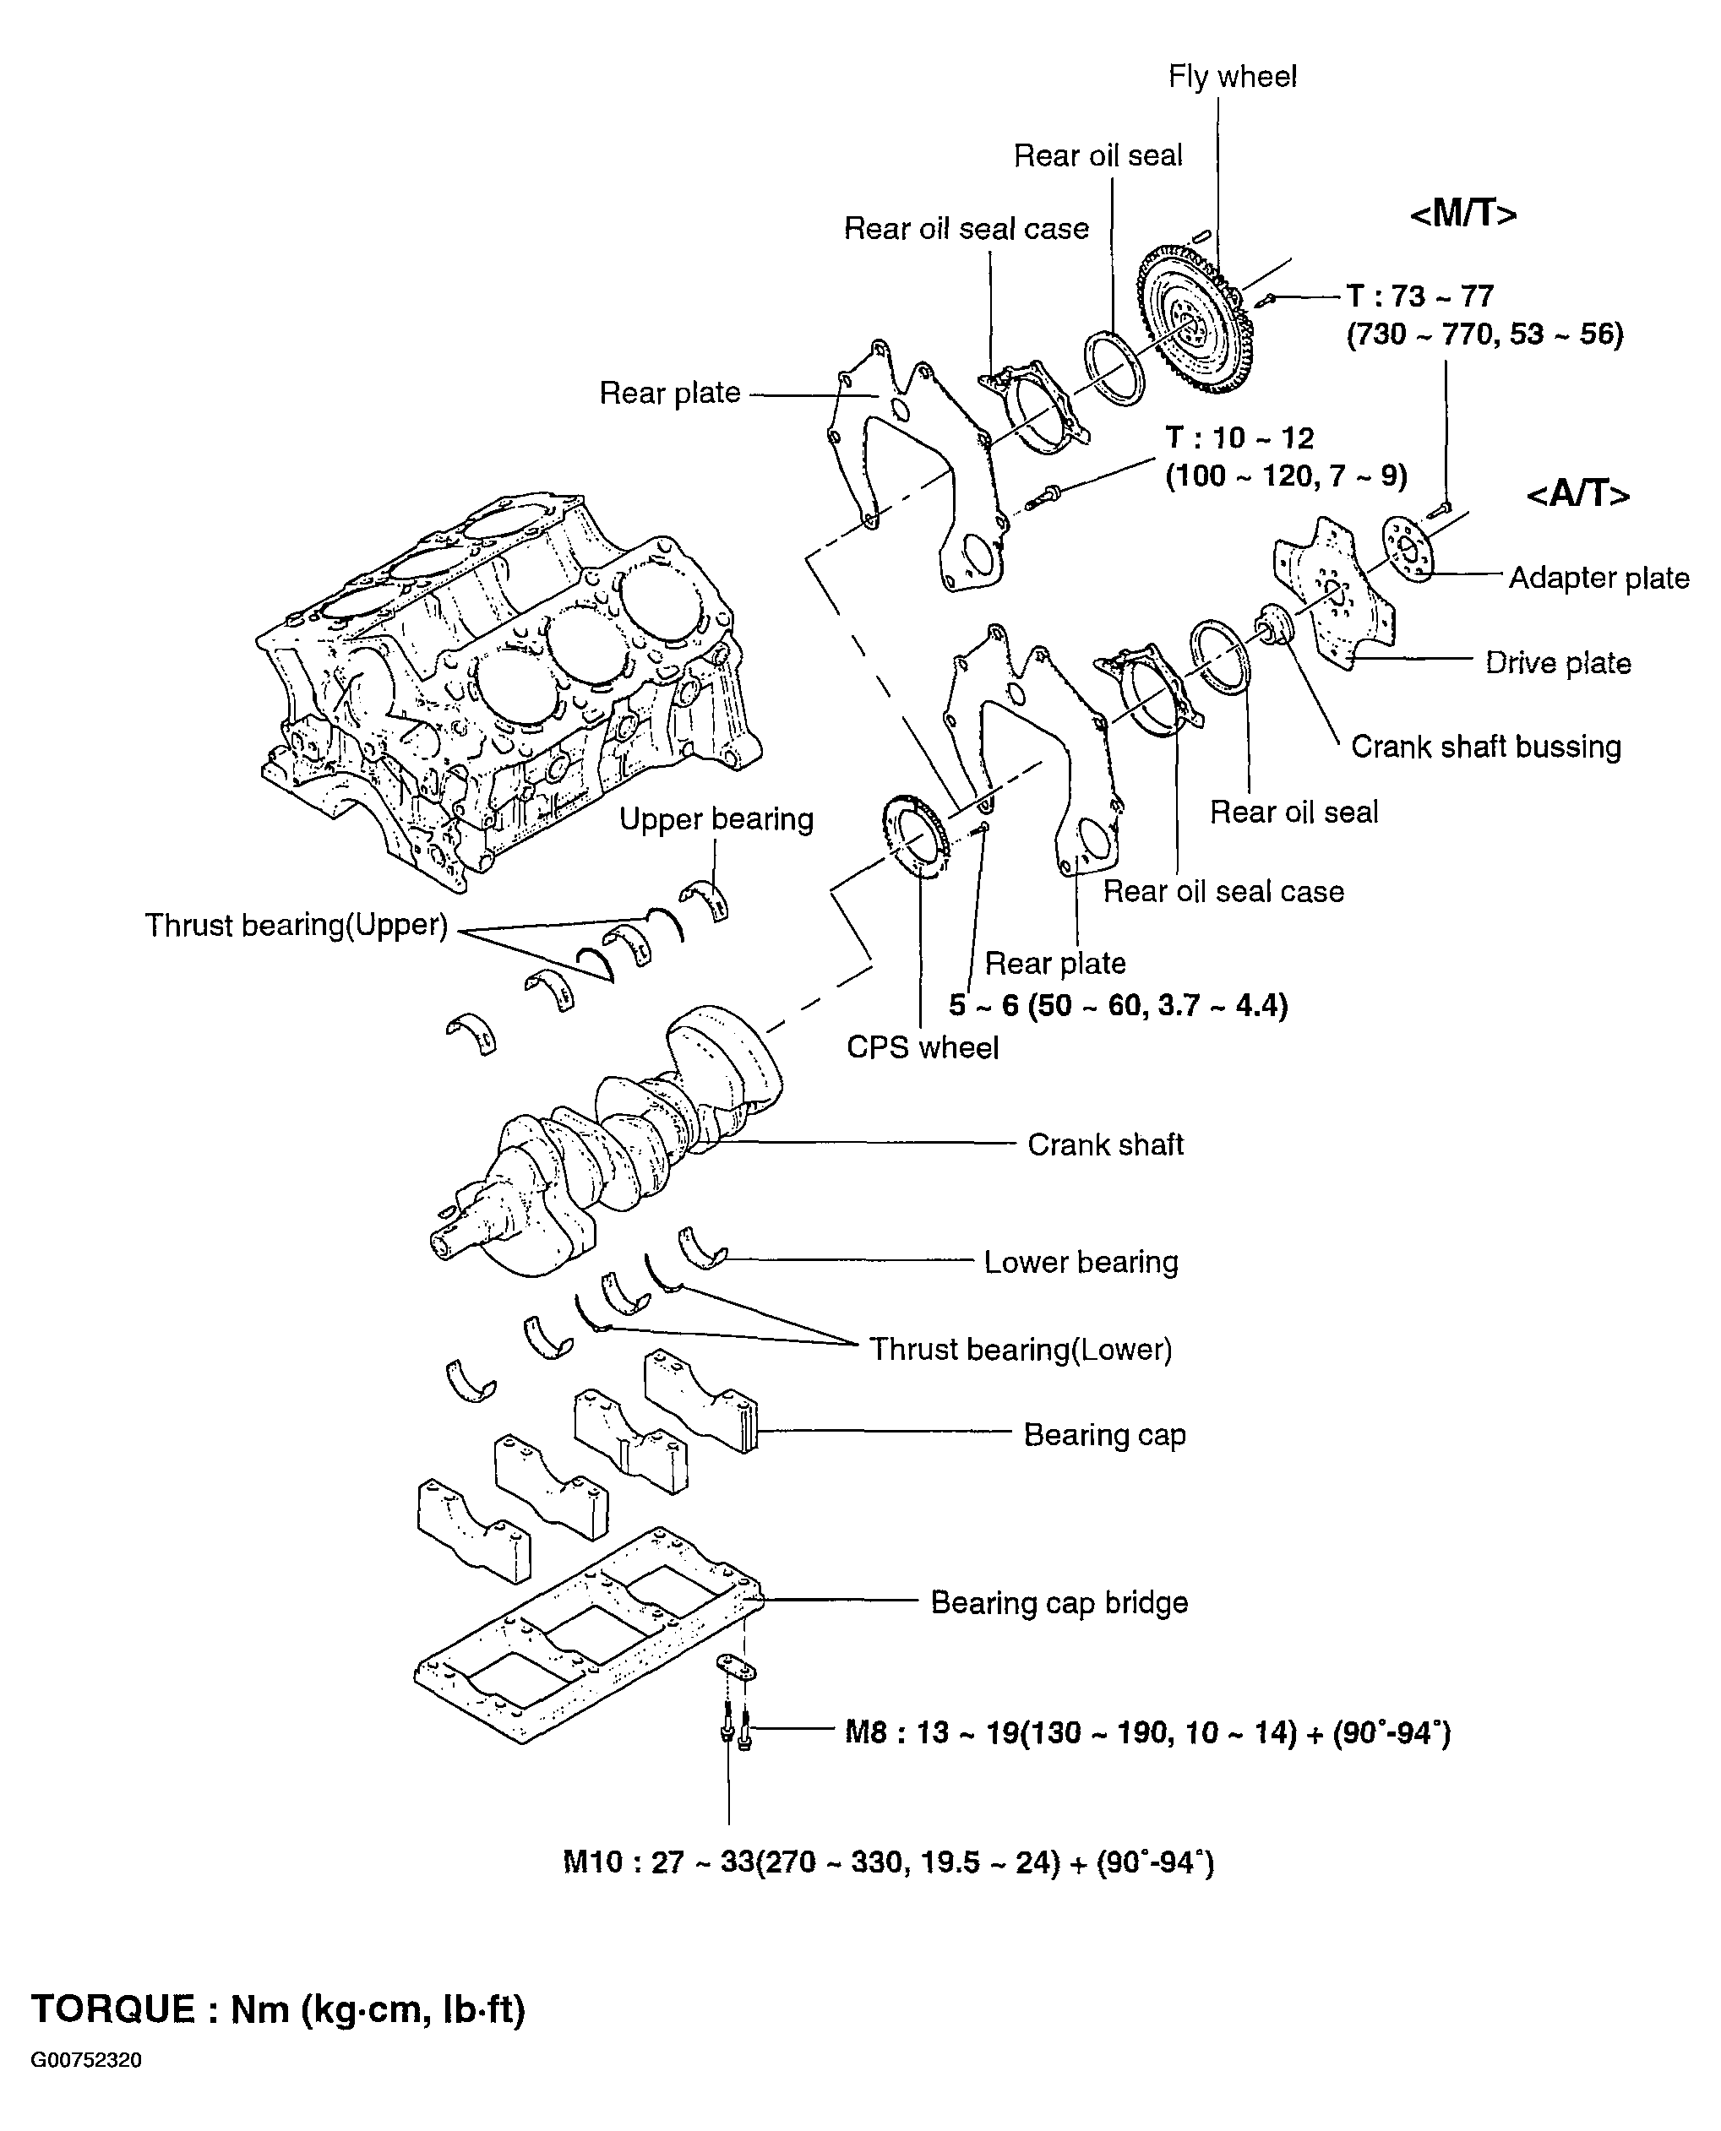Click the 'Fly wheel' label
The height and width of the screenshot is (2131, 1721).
click(1233, 76)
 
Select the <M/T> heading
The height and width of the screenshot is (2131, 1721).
click(1463, 214)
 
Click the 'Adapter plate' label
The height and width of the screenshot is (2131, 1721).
click(1599, 578)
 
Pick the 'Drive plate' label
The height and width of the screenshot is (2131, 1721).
click(1557, 662)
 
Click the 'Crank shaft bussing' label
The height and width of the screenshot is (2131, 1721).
click(1485, 747)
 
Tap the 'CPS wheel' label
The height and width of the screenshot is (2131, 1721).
click(922, 1046)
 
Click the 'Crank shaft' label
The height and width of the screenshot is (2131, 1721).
click(1105, 1144)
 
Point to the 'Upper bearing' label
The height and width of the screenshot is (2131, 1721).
click(716, 818)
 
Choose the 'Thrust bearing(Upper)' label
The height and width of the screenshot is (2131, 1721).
click(297, 925)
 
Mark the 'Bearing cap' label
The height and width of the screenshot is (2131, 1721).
click(1104, 1434)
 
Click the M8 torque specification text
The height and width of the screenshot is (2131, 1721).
click(1147, 1732)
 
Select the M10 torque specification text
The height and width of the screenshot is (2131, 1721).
click(888, 1862)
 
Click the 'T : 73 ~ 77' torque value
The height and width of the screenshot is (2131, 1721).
click(1419, 296)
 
